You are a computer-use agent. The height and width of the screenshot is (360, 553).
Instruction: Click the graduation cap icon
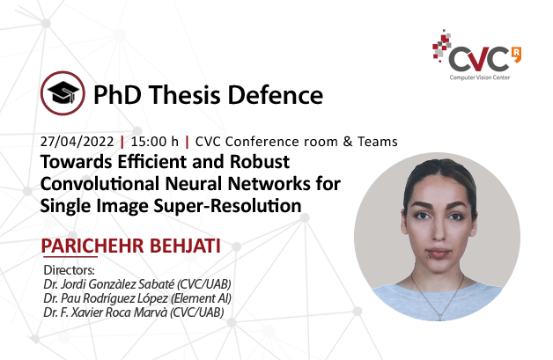pyautogui.click(x=63, y=93)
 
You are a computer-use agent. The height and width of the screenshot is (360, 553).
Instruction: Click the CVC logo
pyautogui.click(x=476, y=55)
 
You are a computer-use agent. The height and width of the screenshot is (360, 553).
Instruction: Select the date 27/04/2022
pyautogui.click(x=77, y=142)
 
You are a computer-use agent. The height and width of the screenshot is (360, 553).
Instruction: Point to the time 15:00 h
pyautogui.click(x=155, y=142)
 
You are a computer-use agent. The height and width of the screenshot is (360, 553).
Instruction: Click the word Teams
pyautogui.click(x=378, y=142)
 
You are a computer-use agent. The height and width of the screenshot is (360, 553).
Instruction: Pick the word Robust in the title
pyautogui.click(x=260, y=162)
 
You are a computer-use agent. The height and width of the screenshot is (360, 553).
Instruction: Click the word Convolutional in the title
pyautogui.click(x=100, y=184)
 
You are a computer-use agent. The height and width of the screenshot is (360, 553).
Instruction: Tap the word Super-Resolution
pyautogui.click(x=227, y=206)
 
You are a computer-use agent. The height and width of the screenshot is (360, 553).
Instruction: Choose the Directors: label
pyautogui.click(x=69, y=270)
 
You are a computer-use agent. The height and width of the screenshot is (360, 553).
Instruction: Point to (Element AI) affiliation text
pyautogui.click(x=201, y=298)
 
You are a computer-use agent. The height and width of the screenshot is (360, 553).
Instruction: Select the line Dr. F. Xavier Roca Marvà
pyautogui.click(x=106, y=312)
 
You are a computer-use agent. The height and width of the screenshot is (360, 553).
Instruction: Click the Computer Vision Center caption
pyautogui.click(x=480, y=77)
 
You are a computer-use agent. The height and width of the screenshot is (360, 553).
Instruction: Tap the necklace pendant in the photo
pyautogui.click(x=439, y=315)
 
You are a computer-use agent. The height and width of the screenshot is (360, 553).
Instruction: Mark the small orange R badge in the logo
pyautogui.click(x=517, y=55)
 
